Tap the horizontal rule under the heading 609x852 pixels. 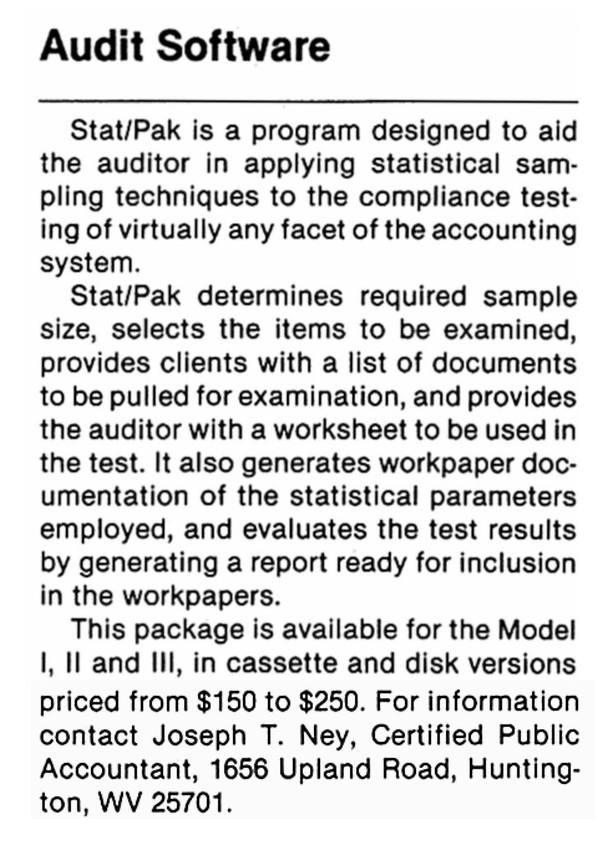309,101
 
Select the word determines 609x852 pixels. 270,296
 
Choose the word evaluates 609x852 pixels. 304,530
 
